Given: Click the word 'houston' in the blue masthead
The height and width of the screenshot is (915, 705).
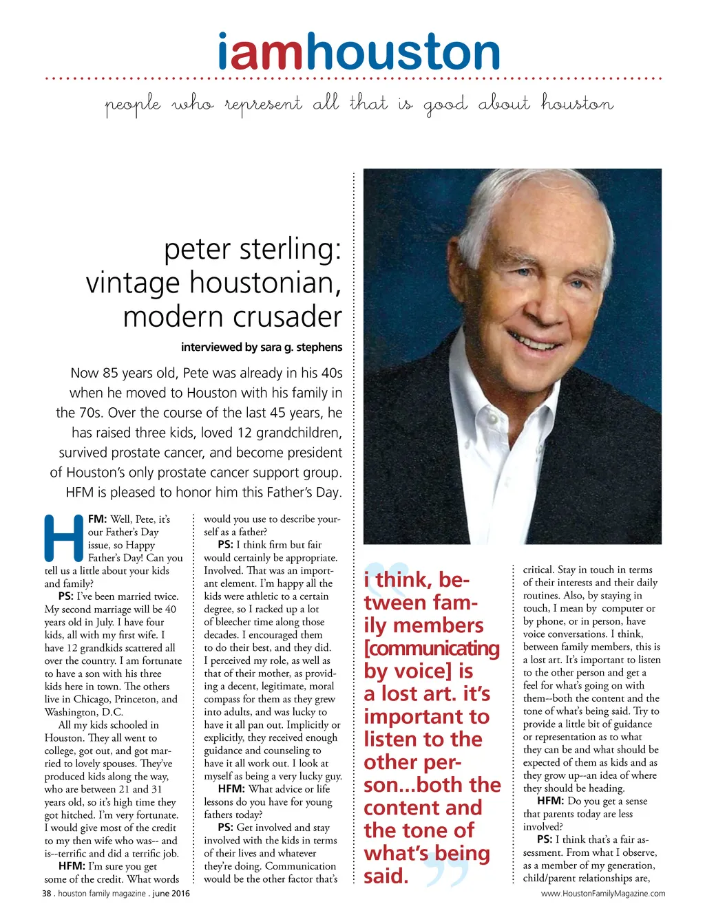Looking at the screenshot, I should coord(403,53).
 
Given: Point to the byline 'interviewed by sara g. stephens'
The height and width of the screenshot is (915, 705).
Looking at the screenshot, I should coord(261,347).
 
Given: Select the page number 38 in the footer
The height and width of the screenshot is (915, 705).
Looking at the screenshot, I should coord(47,894).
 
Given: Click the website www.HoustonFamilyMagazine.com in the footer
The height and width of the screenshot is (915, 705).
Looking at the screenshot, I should coord(603,894).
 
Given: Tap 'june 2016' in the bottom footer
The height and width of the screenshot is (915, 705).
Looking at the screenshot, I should coord(171,894).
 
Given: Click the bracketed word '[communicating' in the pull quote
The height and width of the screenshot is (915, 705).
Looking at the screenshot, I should coord(432,648).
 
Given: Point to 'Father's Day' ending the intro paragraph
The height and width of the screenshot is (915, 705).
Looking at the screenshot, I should coord(302,493).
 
